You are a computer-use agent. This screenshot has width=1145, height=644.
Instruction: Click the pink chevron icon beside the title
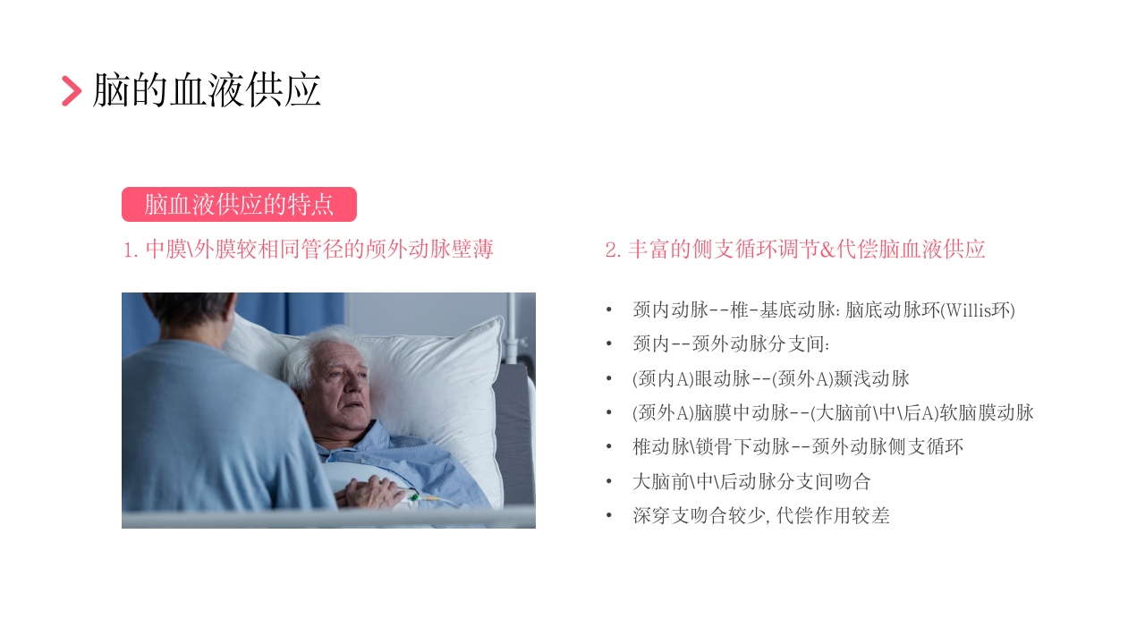pos(72,91)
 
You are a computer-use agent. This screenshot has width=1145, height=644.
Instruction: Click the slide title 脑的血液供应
pos(207,91)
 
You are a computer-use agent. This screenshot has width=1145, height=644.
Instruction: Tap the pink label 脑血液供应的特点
pos(239,204)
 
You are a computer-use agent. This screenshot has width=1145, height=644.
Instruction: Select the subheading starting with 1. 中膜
pos(308,250)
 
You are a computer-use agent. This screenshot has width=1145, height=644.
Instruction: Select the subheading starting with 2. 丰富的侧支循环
pos(795,250)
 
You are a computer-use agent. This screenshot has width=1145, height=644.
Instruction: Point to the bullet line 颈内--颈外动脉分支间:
pos(732,344)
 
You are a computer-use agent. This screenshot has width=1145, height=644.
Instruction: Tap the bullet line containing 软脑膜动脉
pos(833,413)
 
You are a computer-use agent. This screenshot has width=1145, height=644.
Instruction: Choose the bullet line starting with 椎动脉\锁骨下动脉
pos(798,447)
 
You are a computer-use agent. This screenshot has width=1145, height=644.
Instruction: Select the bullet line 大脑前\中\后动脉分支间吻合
pos(751,482)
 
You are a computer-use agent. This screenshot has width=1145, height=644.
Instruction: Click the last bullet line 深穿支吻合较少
pos(760,516)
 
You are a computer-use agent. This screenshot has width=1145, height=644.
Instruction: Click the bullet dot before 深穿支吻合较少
pos(609,516)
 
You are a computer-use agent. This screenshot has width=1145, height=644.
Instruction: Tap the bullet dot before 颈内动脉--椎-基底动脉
pos(609,310)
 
